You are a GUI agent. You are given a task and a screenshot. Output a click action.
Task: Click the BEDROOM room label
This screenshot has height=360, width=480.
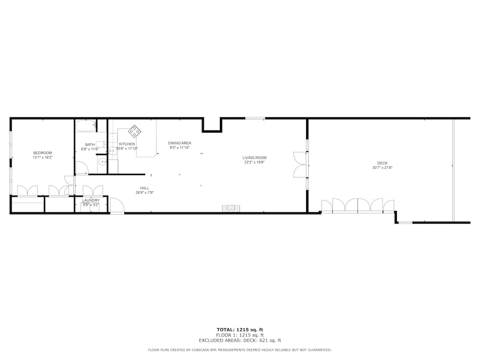pyautogui.click(x=42, y=153)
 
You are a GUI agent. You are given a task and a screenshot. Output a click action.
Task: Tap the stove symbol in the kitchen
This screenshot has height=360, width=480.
pyautogui.click(x=135, y=131)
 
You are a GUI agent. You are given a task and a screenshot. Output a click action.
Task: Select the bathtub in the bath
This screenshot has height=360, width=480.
pyautogui.click(x=86, y=126)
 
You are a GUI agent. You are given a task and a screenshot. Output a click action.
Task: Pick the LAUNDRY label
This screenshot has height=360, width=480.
pyautogui.click(x=91, y=200)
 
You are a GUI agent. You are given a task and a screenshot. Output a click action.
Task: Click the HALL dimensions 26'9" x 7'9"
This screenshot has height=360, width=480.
pyautogui.click(x=144, y=193)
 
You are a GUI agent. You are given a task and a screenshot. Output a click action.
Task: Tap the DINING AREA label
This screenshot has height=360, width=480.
pyautogui.click(x=180, y=143)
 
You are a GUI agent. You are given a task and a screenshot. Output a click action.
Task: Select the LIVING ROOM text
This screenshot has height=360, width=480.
pyautogui.click(x=254, y=158)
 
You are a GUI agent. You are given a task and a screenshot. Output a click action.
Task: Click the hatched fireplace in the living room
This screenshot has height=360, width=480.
pyautogui.click(x=231, y=208)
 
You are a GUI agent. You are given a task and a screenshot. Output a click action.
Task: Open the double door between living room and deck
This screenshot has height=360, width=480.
pyautogui.click(x=300, y=165)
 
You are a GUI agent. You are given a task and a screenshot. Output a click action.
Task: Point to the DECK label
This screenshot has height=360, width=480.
pyautogui.click(x=382, y=163)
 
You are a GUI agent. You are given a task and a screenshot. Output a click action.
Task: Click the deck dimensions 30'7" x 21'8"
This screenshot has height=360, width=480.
pyautogui.click(x=382, y=167)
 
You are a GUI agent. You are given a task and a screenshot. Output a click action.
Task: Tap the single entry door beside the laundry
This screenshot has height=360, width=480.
pyautogui.click(x=117, y=206)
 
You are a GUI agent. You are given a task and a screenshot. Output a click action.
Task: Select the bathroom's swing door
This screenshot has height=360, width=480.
pyautogui.click(x=82, y=168)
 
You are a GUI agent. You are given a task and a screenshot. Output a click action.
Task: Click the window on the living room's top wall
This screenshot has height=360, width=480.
pyautogui.click(x=255, y=118)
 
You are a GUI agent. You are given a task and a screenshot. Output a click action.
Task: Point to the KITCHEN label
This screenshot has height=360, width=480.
pyautogui.click(x=127, y=144)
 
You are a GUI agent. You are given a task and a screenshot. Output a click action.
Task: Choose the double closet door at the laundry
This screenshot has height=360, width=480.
pyautogui.click(x=93, y=191)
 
